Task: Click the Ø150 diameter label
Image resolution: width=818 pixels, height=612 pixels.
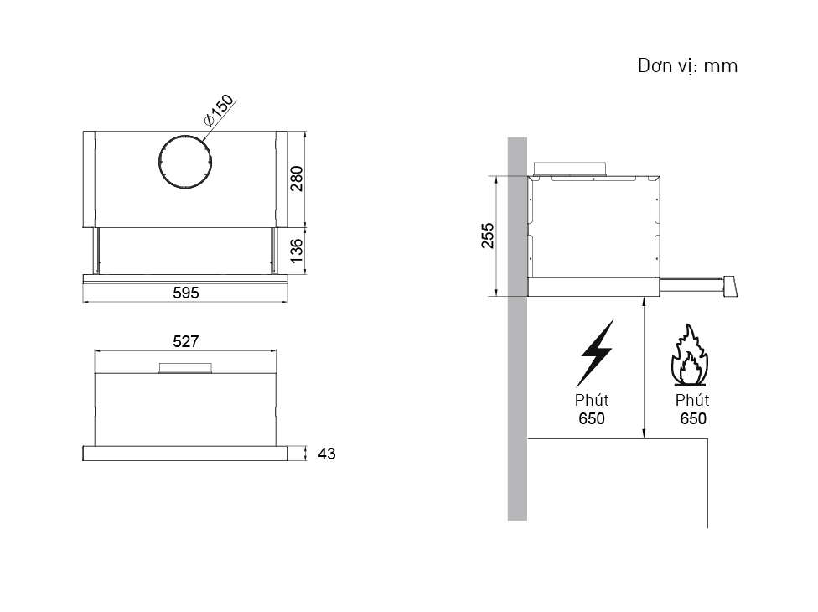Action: point(220,110)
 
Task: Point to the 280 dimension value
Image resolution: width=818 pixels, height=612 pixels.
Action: point(297,179)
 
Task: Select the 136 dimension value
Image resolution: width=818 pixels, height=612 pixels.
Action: point(296,251)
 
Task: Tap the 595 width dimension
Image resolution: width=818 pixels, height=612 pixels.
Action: point(186,293)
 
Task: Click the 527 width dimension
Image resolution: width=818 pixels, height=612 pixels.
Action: point(186,341)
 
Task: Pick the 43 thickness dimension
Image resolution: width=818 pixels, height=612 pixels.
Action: point(327,454)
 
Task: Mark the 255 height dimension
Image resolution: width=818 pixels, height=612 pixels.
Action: point(487,236)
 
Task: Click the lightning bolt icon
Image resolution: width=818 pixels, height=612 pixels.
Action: point(595,353)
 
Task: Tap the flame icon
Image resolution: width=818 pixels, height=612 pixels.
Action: point(690,355)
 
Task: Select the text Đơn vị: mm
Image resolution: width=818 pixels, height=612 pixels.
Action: point(687,65)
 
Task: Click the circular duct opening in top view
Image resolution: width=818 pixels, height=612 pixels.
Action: point(185,162)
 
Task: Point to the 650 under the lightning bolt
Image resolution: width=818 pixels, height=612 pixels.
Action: point(592,418)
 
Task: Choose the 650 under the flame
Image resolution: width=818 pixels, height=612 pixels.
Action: point(693,418)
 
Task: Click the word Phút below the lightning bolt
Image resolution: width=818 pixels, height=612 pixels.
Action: point(592,400)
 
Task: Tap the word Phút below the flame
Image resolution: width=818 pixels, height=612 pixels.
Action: point(692,400)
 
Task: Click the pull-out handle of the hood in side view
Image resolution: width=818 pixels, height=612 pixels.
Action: point(698,285)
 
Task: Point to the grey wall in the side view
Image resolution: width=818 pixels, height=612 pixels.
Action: point(517,329)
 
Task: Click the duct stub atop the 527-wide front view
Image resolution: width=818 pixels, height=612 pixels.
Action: point(186,368)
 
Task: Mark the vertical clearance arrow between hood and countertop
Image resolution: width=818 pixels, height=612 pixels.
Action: point(645,367)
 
